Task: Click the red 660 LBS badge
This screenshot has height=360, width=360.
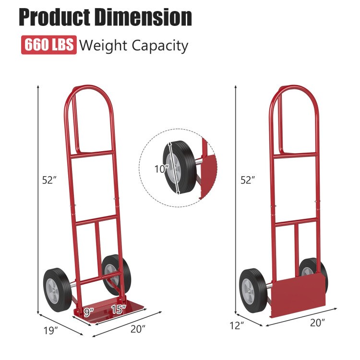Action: click(48, 45)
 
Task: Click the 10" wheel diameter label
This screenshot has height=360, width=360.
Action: click(162, 168)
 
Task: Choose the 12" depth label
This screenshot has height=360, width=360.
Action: click(236, 325)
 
